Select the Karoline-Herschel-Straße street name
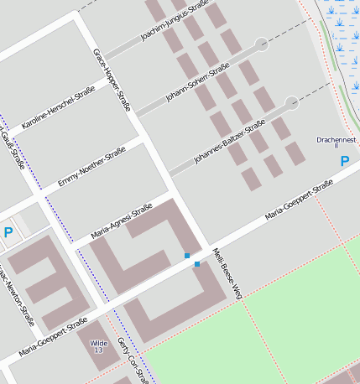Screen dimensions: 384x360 (x=58, y=110)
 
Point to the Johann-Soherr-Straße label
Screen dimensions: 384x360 (x=197, y=85)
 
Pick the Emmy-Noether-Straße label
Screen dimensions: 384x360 (x=91, y=167)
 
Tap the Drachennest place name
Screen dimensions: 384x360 (x=337, y=141)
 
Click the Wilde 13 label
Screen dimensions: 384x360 (x=98, y=345)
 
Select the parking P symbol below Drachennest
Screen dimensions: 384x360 (x=345, y=160)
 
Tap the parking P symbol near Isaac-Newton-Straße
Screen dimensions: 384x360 (x=8, y=232)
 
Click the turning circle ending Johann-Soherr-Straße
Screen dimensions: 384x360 (x=261, y=44)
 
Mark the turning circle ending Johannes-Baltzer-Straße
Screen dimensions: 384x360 (x=291, y=103)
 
